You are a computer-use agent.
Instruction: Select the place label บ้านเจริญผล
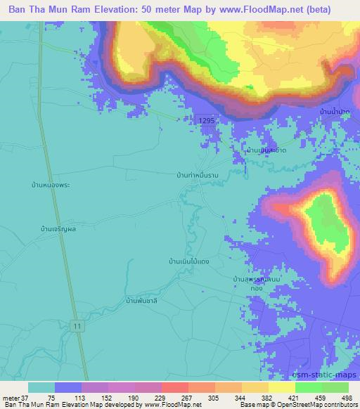[59, 228]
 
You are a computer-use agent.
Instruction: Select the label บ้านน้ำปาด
[335, 112]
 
